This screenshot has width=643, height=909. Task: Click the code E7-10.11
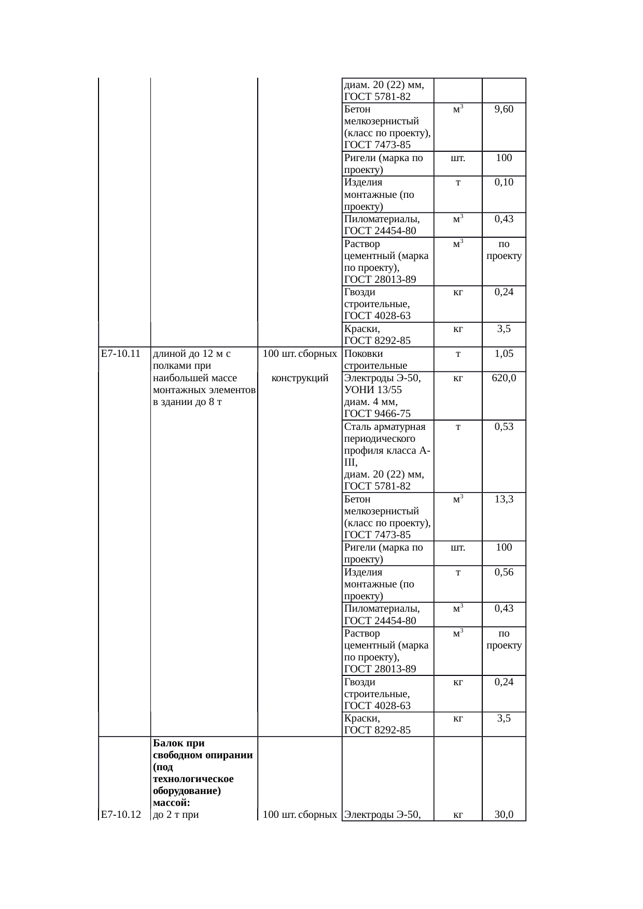121,354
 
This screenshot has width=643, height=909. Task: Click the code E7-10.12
121,815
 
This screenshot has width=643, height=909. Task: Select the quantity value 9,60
504,110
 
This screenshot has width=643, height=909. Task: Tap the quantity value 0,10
504,183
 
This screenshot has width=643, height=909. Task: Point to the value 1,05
504,354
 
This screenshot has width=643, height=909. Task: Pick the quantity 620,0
504,379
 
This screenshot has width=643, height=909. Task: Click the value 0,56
504,572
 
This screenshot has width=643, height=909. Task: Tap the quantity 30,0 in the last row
504,815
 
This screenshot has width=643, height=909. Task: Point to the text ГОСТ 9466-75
377,413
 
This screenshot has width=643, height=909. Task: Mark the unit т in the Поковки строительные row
458,354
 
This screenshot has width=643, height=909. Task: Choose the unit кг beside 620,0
458,379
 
